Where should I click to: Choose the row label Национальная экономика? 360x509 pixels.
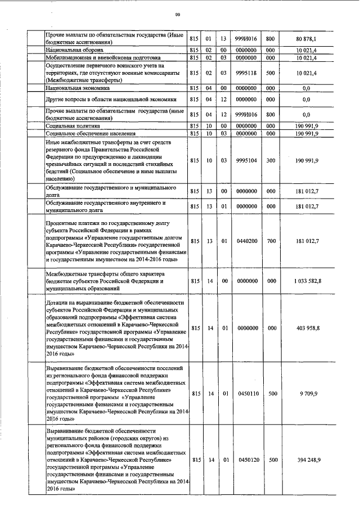coord(78,88)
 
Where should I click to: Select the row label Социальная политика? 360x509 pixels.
coord(71,127)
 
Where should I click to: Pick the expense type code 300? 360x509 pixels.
coord(270,160)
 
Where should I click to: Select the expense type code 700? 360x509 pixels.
coord(270,241)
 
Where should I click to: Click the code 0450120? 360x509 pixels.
coord(248,460)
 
